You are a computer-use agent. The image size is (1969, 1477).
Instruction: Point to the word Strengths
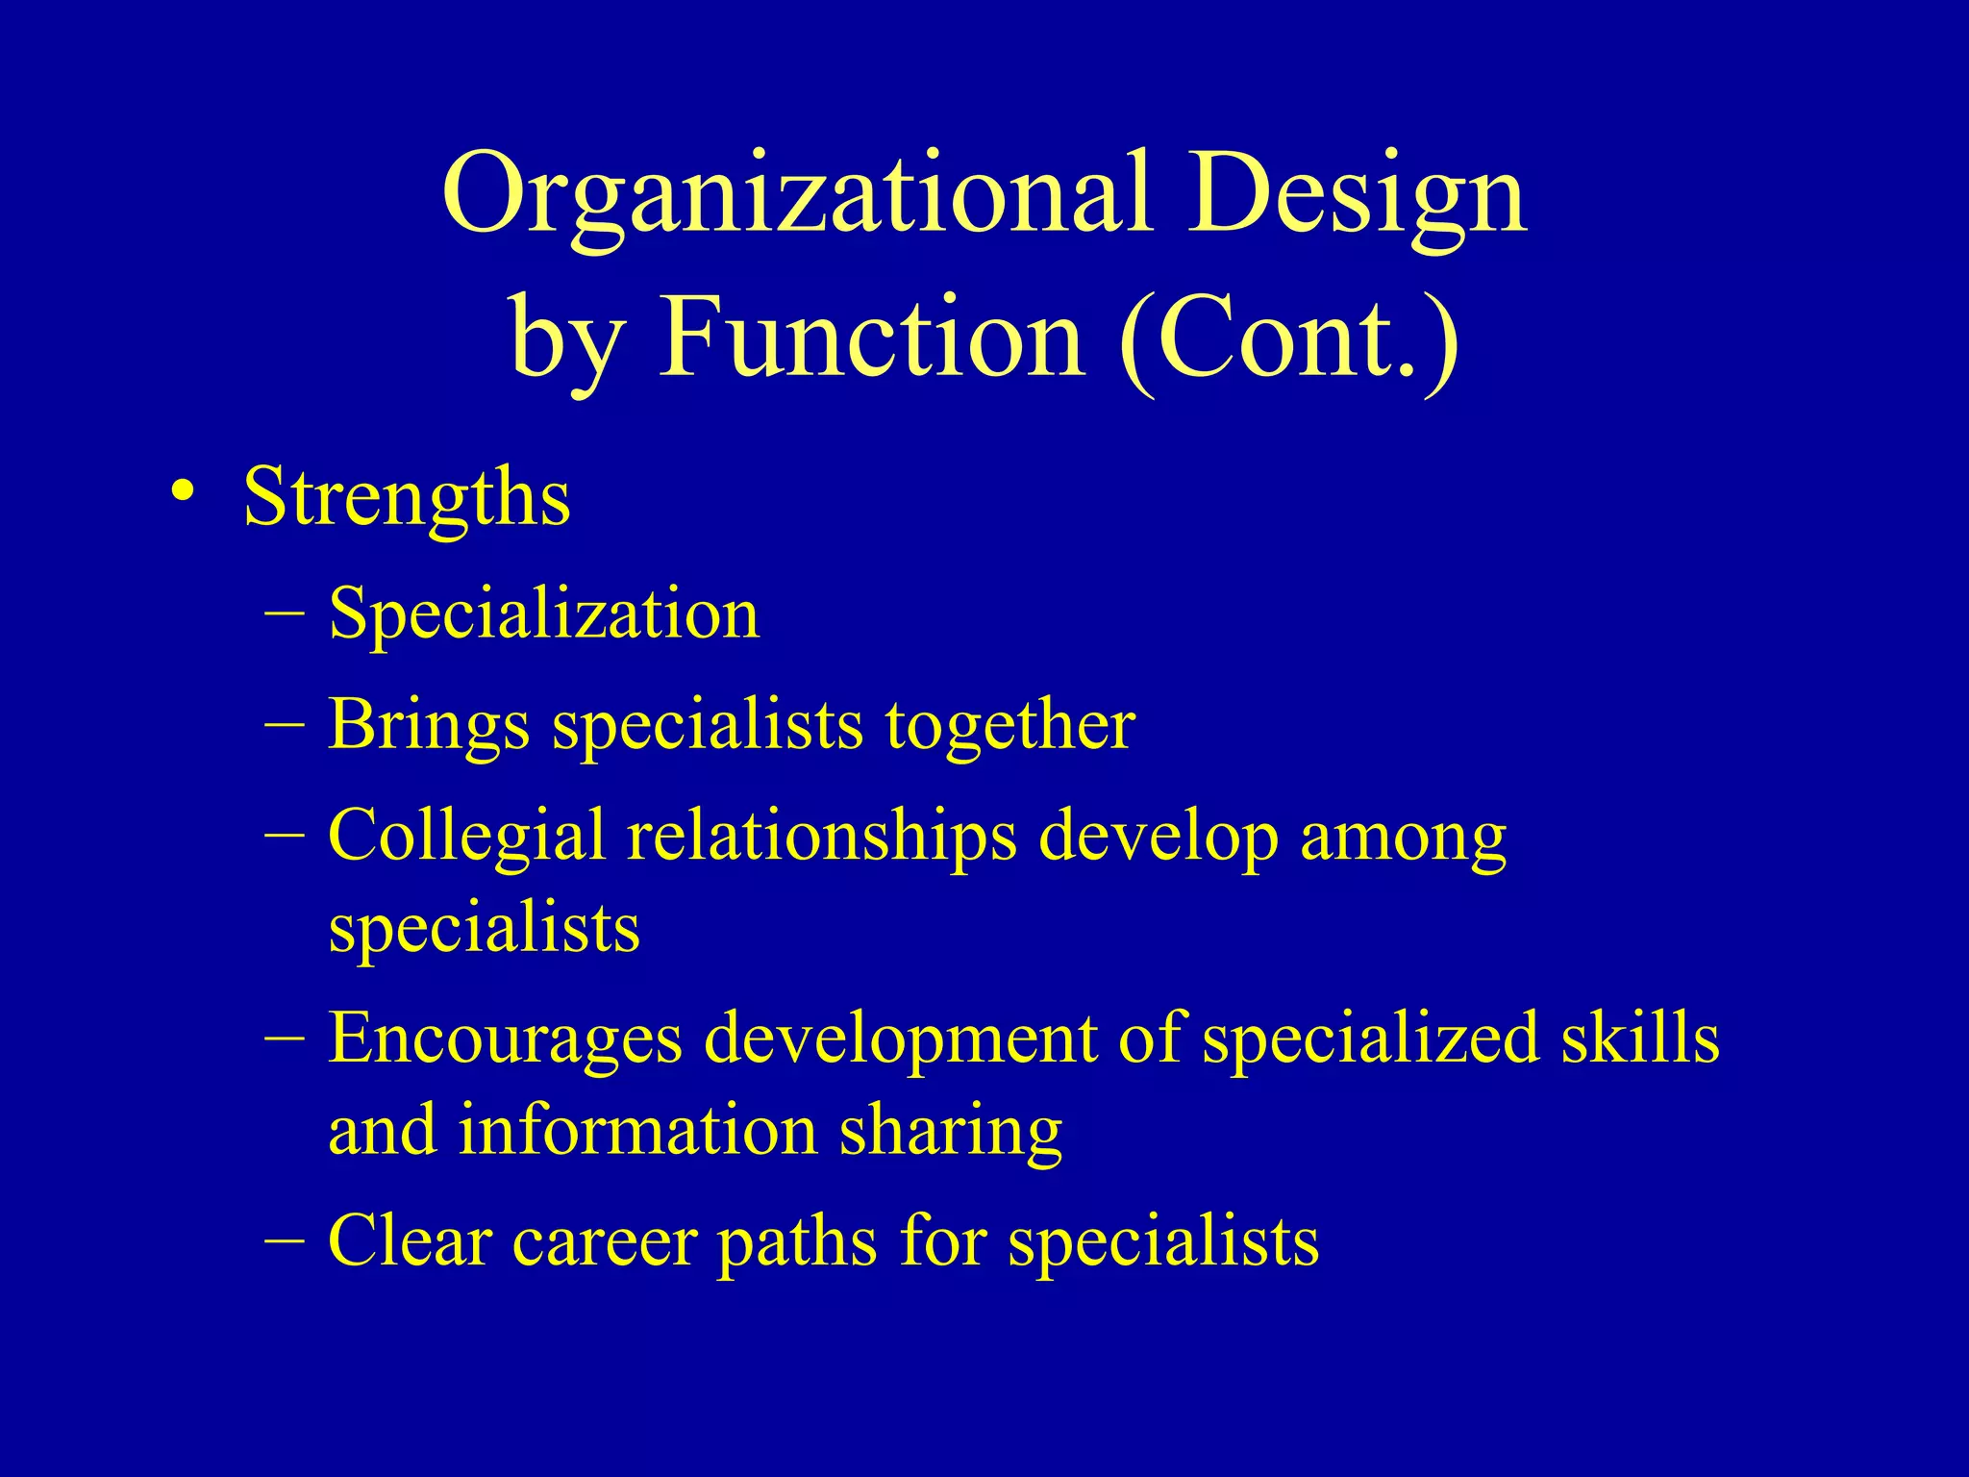coord(407,498)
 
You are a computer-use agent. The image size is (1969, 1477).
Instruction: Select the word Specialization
coord(544,613)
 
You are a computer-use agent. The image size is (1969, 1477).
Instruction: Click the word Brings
coord(429,725)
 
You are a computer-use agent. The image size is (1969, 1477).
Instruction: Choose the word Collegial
coord(466,835)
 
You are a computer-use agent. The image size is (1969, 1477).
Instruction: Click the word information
coord(637,1131)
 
